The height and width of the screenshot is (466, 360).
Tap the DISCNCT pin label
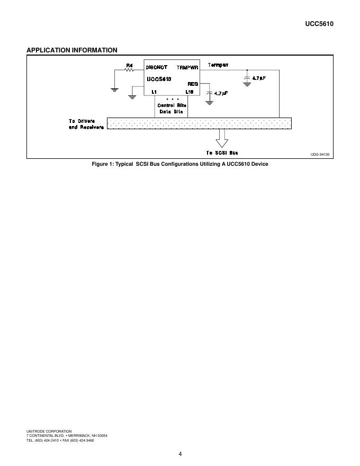156,67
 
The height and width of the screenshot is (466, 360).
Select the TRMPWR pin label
187,68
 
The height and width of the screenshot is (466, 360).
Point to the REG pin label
193,84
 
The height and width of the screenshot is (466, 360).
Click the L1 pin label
154,92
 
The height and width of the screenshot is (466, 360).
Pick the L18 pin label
190,92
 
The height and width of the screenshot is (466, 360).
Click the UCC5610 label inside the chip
159,79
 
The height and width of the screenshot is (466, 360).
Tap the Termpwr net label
218,65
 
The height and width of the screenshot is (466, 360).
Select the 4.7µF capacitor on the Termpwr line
247,78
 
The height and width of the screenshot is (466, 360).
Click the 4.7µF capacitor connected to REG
210,93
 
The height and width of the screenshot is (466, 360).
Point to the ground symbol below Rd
114,89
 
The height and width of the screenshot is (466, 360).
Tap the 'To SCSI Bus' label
222,153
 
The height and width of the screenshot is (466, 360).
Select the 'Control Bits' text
172,105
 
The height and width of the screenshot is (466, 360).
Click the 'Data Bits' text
172,112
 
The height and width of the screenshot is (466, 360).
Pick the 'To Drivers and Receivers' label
86,124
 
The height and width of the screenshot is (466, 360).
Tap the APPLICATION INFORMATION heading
72,50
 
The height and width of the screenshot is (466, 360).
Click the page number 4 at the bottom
181,453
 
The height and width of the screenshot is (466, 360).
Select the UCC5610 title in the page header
319,24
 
